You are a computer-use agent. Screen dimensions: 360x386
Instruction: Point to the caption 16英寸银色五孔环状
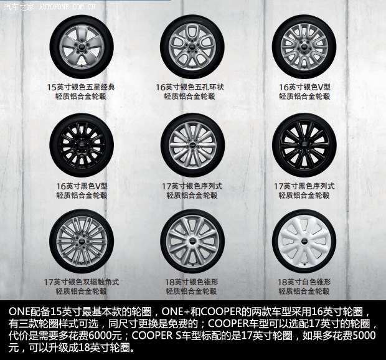coord(192,87)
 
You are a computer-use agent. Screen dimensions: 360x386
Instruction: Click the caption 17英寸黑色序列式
coord(305,186)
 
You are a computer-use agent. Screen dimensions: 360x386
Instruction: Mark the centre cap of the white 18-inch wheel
coord(305,240)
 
